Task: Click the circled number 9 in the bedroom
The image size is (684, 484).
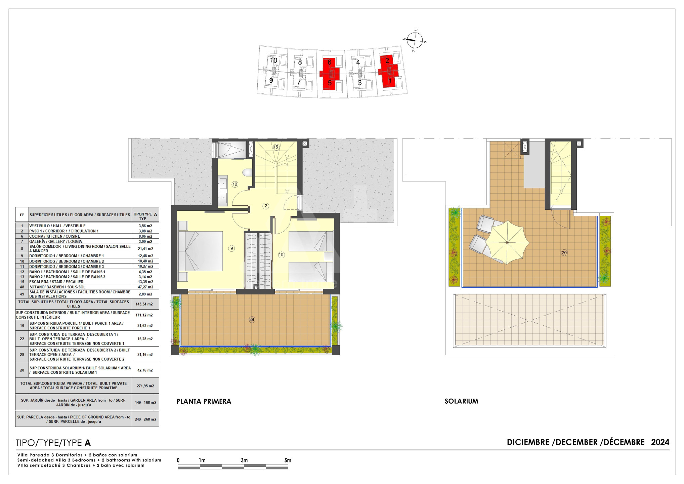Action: coord(231,248)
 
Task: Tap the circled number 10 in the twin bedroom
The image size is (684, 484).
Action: coord(281,255)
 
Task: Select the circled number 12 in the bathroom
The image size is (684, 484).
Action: coord(235,184)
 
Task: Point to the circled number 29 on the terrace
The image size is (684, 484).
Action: coord(252,320)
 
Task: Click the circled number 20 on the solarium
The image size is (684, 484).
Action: coord(564,253)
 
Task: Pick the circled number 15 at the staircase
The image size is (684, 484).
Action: coord(276,147)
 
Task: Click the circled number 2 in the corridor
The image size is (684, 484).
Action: coord(266,206)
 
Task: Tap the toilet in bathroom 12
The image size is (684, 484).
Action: coord(248,172)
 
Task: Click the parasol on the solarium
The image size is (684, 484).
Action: coord(507,242)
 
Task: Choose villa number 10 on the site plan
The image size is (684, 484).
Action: coord(274,60)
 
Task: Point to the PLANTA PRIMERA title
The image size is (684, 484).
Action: coord(204,401)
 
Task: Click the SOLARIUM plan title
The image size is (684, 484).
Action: coord(461,401)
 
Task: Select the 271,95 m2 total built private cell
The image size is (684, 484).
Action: coord(145,386)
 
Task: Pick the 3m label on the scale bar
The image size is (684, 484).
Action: coord(244,460)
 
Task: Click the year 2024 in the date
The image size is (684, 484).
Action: coord(660,442)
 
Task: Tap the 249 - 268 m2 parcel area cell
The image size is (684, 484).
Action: coord(145,419)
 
